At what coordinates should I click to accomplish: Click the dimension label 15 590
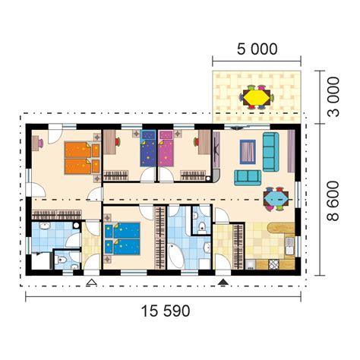[166, 311]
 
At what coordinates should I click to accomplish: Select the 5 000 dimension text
[257, 49]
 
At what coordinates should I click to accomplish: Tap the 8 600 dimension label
[333, 201]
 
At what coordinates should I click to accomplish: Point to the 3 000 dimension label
[333, 96]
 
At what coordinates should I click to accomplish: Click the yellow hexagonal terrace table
[257, 97]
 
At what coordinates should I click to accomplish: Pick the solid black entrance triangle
[223, 282]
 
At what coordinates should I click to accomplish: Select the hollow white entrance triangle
[91, 282]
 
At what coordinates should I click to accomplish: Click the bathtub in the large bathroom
[176, 255]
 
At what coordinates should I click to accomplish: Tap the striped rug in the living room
[248, 152]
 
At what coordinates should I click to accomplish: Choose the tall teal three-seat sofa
[270, 152]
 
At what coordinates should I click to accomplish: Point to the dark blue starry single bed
[148, 148]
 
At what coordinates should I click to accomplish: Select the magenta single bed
[166, 148]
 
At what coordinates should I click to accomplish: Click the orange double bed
[82, 158]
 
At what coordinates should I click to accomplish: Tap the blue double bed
[122, 238]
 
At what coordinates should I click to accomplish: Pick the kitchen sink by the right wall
[289, 246]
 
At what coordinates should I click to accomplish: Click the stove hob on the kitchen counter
[273, 264]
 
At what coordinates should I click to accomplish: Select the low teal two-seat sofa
[248, 178]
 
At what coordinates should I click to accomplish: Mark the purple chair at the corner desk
[40, 144]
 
